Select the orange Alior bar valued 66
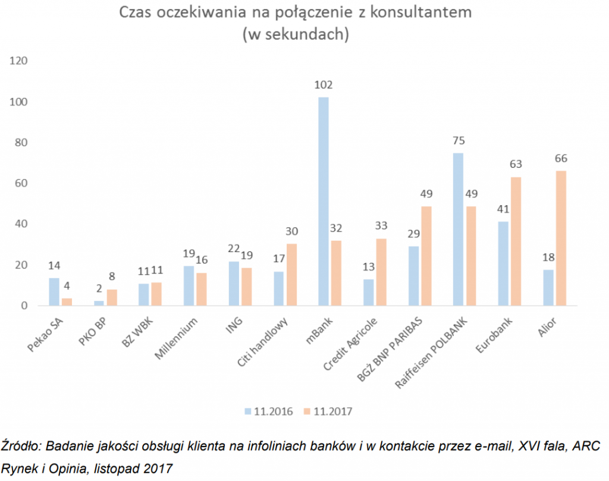tap(560, 238)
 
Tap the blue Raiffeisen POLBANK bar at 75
tap(458, 229)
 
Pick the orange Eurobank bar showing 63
tap(515, 241)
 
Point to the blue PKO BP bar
tap(99, 303)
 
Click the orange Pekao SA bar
tap(67, 301)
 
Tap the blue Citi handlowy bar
tap(279, 288)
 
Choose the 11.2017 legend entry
tap(325, 411)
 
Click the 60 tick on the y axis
tap(22, 183)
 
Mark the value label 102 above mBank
tap(324, 85)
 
